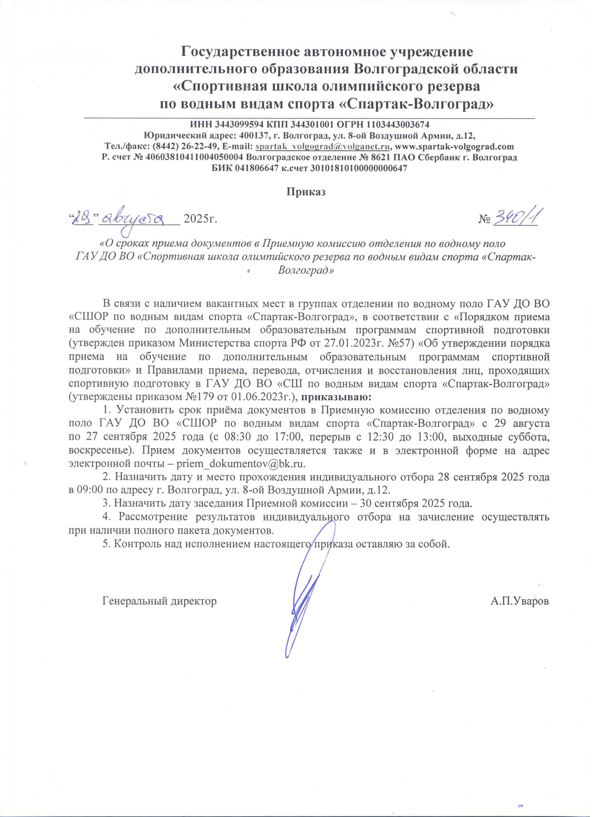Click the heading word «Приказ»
(x=306, y=192)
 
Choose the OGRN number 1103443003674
(x=398, y=125)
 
